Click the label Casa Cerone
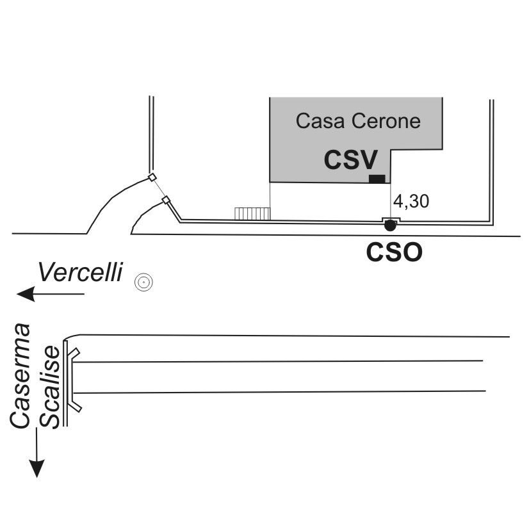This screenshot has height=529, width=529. point(358,121)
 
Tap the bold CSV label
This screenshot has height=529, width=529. point(350,160)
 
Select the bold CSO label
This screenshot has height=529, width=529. point(394,252)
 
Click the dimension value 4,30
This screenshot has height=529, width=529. point(411,201)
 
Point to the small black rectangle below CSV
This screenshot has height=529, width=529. point(377,179)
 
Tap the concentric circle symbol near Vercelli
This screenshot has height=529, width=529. point(143,282)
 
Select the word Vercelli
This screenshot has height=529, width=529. point(79,272)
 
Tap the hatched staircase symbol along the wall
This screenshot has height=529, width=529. point(252,213)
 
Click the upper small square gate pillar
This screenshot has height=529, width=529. point(152,177)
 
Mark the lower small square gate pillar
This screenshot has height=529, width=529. point(166,200)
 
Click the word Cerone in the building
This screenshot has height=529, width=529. point(389,121)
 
